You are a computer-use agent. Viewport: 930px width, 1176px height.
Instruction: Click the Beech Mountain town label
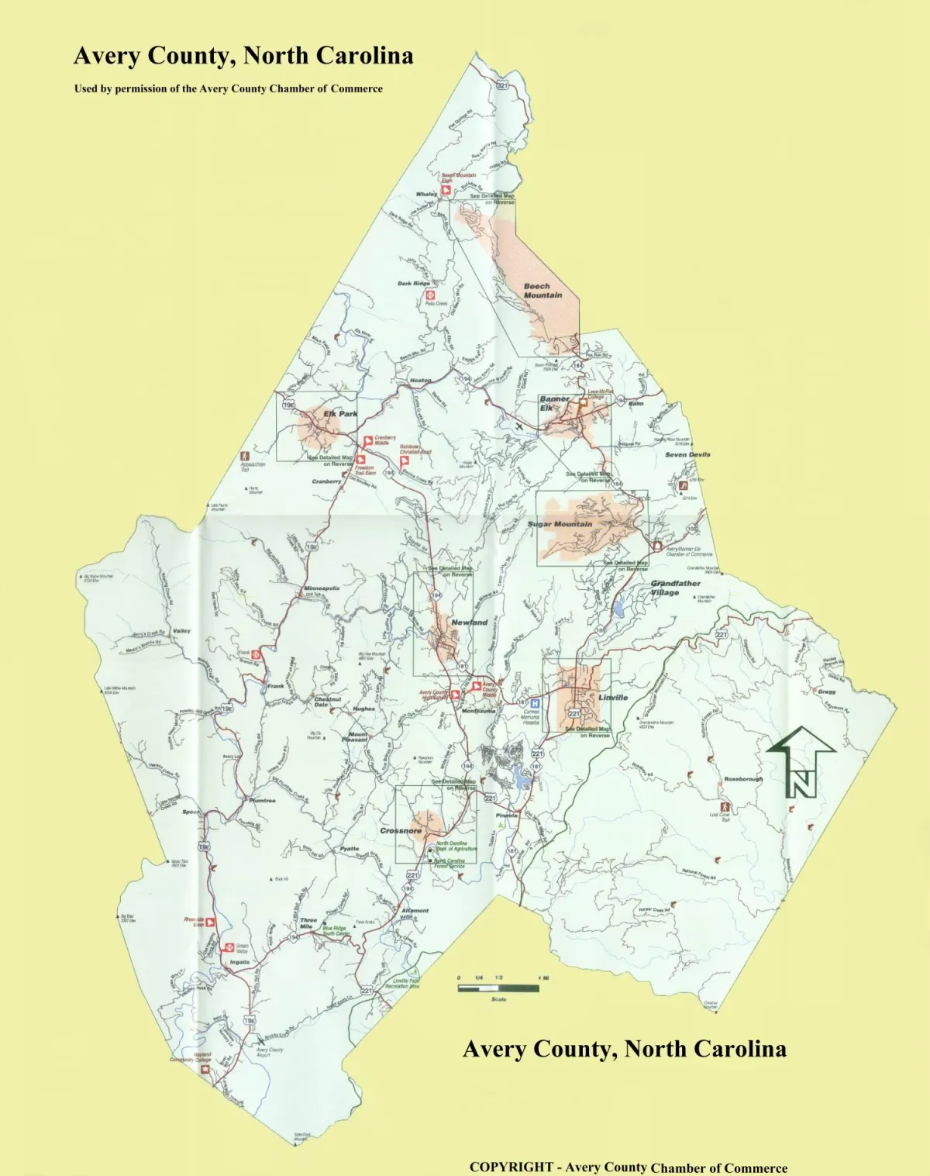[542, 291]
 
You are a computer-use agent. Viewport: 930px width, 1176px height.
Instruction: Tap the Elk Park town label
[340, 414]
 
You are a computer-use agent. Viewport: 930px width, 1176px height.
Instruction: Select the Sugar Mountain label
[560, 525]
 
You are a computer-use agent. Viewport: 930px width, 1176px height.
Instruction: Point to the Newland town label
[470, 622]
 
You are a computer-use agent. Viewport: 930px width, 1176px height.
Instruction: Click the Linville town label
[613, 698]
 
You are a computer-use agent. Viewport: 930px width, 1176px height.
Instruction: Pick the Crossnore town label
[401, 831]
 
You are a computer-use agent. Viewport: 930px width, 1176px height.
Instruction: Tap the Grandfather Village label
[675, 588]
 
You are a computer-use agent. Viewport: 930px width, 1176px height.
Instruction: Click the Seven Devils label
[687, 455]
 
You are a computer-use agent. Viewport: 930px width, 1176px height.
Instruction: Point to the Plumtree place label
[262, 801]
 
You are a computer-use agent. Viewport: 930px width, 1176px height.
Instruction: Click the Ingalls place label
[239, 962]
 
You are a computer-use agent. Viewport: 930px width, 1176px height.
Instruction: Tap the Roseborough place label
[743, 779]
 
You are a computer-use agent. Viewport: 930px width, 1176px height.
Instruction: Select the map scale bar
[498, 988]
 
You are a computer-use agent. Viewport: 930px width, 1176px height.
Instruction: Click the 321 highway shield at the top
[502, 85]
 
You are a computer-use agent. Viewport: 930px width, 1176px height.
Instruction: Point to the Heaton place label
[420, 381]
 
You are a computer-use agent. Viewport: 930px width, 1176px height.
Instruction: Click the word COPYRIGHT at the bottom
[511, 1167]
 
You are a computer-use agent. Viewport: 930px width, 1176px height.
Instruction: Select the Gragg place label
[826, 691]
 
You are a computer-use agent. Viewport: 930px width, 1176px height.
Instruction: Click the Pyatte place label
[350, 849]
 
